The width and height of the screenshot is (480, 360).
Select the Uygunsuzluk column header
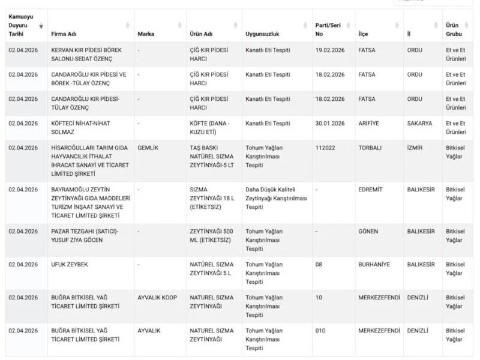tap(262, 34)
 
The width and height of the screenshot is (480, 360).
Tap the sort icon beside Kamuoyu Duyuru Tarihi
tap(41, 26)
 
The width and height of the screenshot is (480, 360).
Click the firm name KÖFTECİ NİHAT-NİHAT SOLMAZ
tap(80, 127)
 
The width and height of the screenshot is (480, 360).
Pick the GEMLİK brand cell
tap(148, 148)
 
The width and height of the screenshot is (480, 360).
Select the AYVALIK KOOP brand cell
tap(157, 298)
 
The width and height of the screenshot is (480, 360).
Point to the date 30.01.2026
tap(330, 124)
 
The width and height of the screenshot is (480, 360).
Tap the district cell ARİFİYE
tap(371, 124)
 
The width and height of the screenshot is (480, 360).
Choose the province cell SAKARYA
tap(419, 124)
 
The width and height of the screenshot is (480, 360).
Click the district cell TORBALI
tap(371, 148)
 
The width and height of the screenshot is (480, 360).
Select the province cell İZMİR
tap(415, 148)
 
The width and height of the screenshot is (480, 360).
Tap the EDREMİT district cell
tap(370, 190)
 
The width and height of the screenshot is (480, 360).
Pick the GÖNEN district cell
tap(368, 232)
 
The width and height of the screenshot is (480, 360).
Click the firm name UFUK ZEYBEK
tap(70, 265)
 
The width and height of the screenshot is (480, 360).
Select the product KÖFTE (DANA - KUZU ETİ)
tap(209, 127)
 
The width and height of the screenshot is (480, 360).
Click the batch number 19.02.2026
tap(330, 50)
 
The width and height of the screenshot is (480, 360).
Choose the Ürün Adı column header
tap(200, 34)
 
